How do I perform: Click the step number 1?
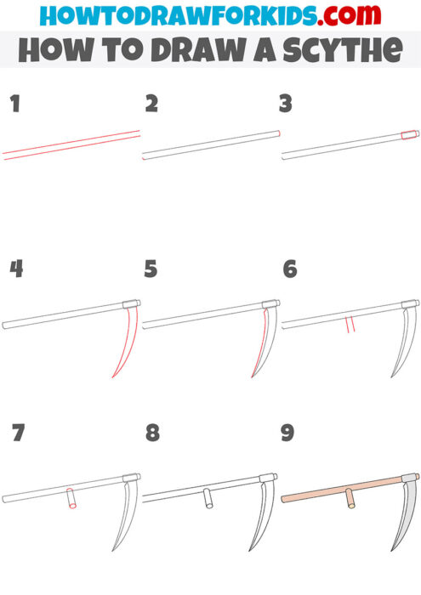click(14, 105)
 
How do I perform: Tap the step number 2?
click(151, 105)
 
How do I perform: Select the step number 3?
click(286, 105)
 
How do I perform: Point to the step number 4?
click(15, 269)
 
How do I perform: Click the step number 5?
click(151, 269)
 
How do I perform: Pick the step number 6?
click(289, 269)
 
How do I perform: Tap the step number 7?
click(17, 433)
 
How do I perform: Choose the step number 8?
click(152, 433)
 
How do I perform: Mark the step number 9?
click(287, 433)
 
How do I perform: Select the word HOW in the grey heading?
click(45, 50)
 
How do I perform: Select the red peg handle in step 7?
click(71, 501)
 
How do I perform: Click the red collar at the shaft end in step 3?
click(410, 134)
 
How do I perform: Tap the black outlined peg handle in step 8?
click(208, 500)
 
